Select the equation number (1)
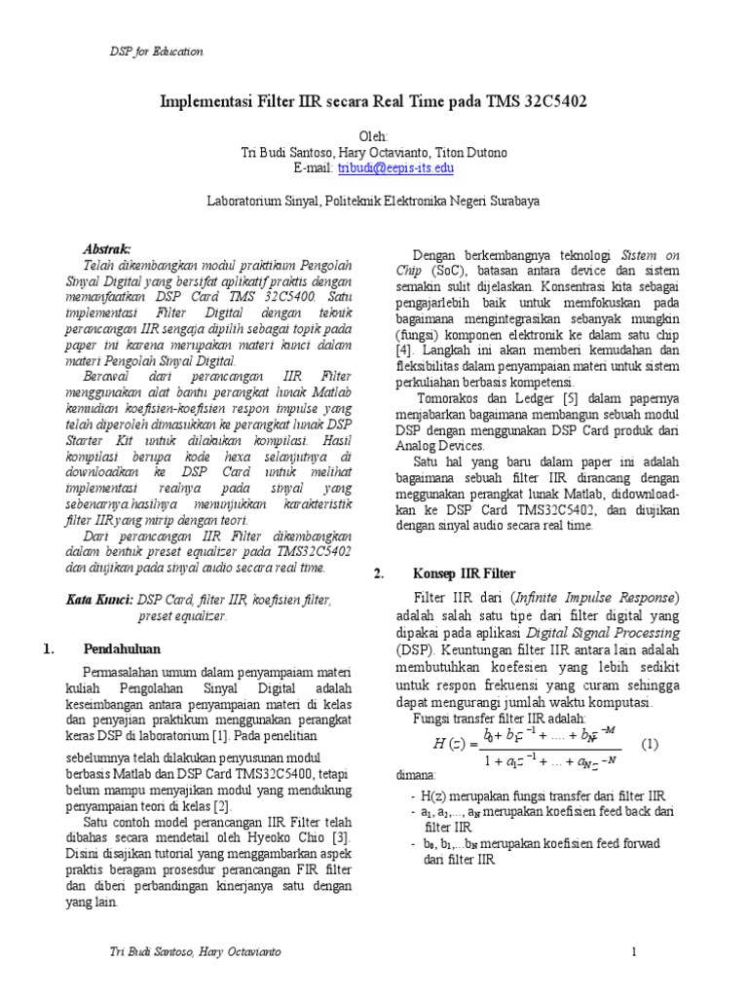point(650,744)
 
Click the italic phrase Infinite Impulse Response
point(594,597)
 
